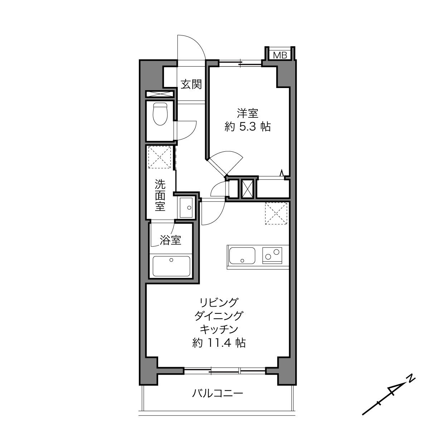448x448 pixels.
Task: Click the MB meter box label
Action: (281, 55)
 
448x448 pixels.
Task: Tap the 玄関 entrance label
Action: (191, 84)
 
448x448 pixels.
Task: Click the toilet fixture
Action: (160, 114)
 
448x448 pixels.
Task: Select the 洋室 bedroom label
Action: (248, 113)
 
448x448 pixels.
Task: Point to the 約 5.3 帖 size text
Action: (248, 127)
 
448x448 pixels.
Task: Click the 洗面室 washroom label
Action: (160, 195)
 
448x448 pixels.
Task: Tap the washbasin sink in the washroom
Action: (186, 208)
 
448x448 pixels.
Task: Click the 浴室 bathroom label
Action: (171, 240)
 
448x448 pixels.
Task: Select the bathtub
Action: (171, 266)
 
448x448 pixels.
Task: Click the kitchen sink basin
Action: (242, 256)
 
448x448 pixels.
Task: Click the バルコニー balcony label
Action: (218, 393)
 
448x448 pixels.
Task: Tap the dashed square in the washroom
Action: (160, 157)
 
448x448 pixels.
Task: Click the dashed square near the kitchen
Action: (276, 214)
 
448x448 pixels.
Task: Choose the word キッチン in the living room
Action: (219, 329)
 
